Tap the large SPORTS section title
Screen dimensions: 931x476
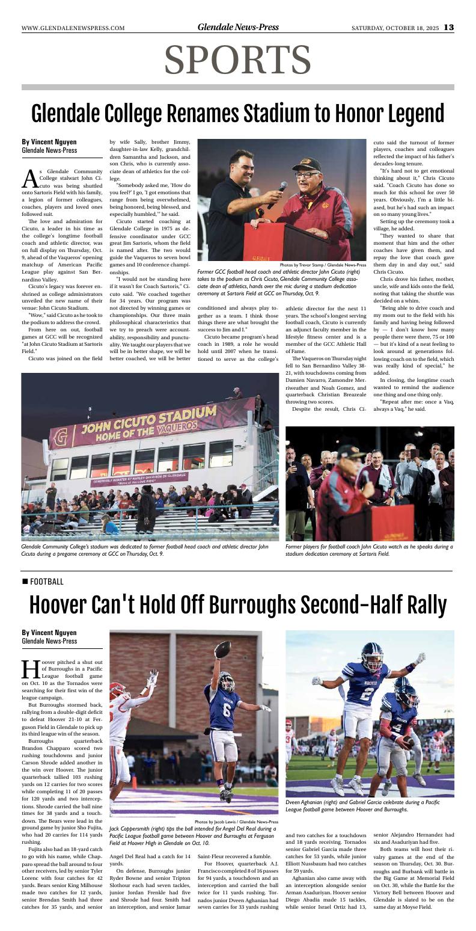click(237, 61)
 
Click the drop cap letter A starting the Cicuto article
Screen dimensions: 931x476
click(29, 178)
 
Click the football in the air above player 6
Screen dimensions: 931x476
click(222, 649)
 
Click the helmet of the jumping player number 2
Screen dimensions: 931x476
click(371, 654)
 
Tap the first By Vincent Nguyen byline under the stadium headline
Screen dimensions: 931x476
click(49, 142)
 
